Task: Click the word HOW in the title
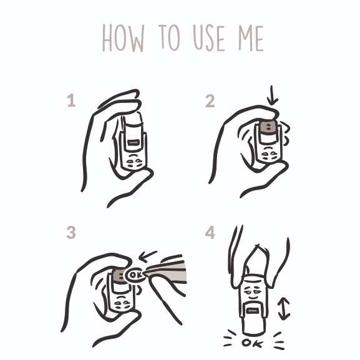(124, 38)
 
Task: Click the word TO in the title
(169, 37)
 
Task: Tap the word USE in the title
(208, 38)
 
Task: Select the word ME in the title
(251, 38)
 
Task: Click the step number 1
(71, 100)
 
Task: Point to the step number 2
(210, 101)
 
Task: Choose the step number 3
(71, 233)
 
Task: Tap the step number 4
(210, 232)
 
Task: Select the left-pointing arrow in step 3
(148, 256)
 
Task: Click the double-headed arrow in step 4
(284, 309)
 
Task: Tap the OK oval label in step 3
(135, 275)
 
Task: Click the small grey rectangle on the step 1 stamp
(133, 143)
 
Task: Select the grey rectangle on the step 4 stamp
(253, 311)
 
